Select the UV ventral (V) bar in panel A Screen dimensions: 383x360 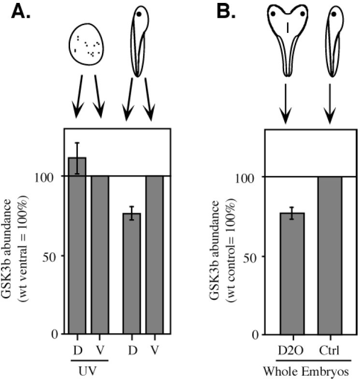(x=99, y=254)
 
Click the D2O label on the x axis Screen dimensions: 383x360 (x=291, y=349)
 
